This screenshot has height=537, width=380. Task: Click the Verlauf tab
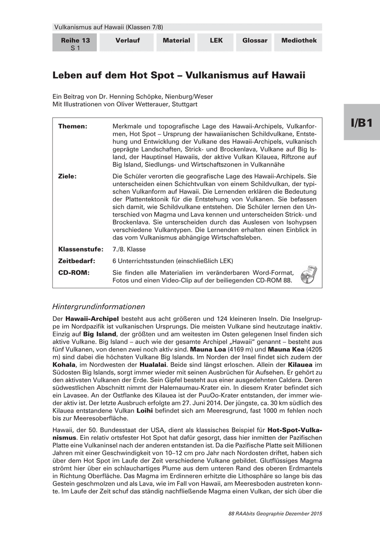(x=127, y=41)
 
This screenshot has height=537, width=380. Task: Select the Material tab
(x=176, y=41)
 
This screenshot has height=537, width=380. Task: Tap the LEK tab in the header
(x=216, y=41)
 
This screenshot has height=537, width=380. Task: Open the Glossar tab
(x=255, y=41)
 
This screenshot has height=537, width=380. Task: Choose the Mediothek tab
(x=299, y=41)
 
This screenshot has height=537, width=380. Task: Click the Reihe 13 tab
(x=75, y=43)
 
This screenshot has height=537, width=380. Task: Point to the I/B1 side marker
(x=361, y=123)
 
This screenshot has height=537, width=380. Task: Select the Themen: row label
(x=73, y=127)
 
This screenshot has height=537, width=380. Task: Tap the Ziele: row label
(x=68, y=176)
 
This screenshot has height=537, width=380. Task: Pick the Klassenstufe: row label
(x=81, y=249)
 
